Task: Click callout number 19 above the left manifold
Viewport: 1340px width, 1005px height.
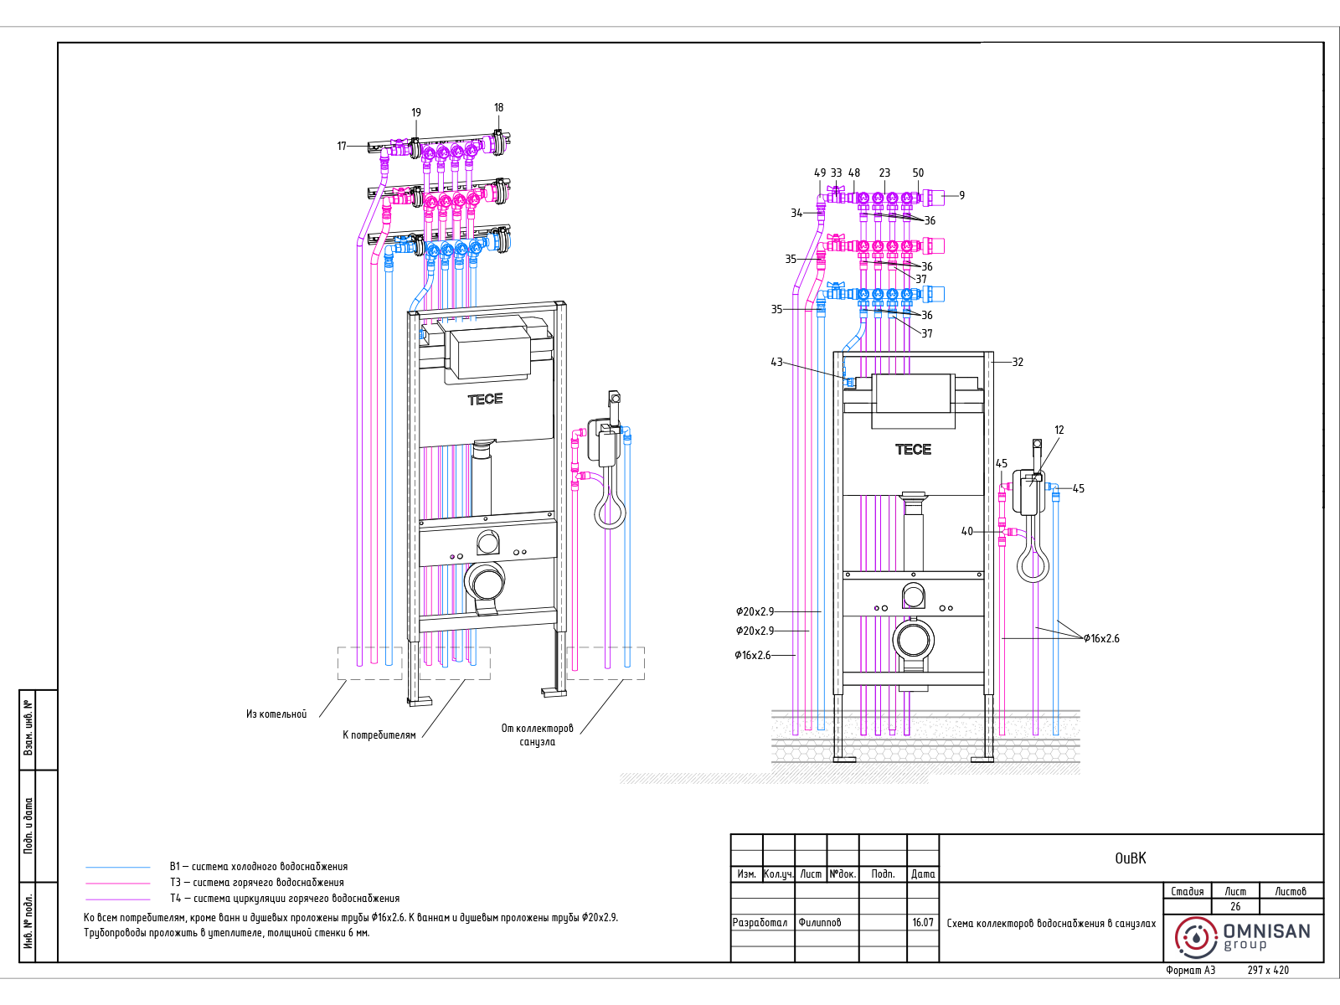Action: click(x=415, y=112)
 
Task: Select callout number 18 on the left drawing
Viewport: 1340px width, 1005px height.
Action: click(x=499, y=107)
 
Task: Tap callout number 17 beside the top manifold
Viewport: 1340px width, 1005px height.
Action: click(x=342, y=146)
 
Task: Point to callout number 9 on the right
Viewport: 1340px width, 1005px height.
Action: click(x=961, y=195)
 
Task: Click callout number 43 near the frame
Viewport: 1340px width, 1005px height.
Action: click(x=776, y=362)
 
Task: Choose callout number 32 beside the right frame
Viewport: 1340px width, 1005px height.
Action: click(x=1017, y=362)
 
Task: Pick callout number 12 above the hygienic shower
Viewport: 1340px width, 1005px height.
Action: click(x=1059, y=430)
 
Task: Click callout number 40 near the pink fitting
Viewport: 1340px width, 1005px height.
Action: click(x=967, y=531)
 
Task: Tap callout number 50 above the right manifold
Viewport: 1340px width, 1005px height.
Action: click(x=918, y=173)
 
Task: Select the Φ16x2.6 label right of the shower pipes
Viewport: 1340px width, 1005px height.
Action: click(x=1102, y=638)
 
